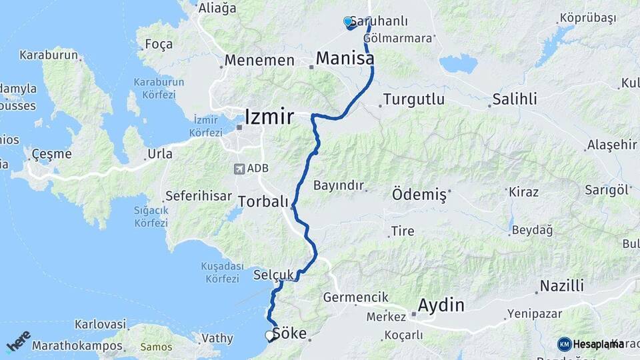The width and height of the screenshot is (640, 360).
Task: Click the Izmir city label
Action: pos(269,117)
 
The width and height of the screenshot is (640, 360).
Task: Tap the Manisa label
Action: pos(344,59)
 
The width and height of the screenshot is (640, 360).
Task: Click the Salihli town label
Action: pos(514,100)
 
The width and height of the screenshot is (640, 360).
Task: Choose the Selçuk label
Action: pos(273,275)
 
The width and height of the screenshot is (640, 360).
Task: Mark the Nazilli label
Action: pos(561,287)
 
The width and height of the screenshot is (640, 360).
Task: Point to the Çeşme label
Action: pos(51,154)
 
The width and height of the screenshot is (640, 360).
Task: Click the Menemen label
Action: pos(259,61)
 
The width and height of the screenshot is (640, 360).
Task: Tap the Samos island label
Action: pos(156,347)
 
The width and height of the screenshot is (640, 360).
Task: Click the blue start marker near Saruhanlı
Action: pos(347,22)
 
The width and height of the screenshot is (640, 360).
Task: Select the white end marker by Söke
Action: pos(270,335)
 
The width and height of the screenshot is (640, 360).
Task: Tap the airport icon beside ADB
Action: pos(239,169)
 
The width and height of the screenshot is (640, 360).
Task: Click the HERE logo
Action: pos(19,341)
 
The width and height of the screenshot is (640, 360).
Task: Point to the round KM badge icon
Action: pos(564,344)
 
